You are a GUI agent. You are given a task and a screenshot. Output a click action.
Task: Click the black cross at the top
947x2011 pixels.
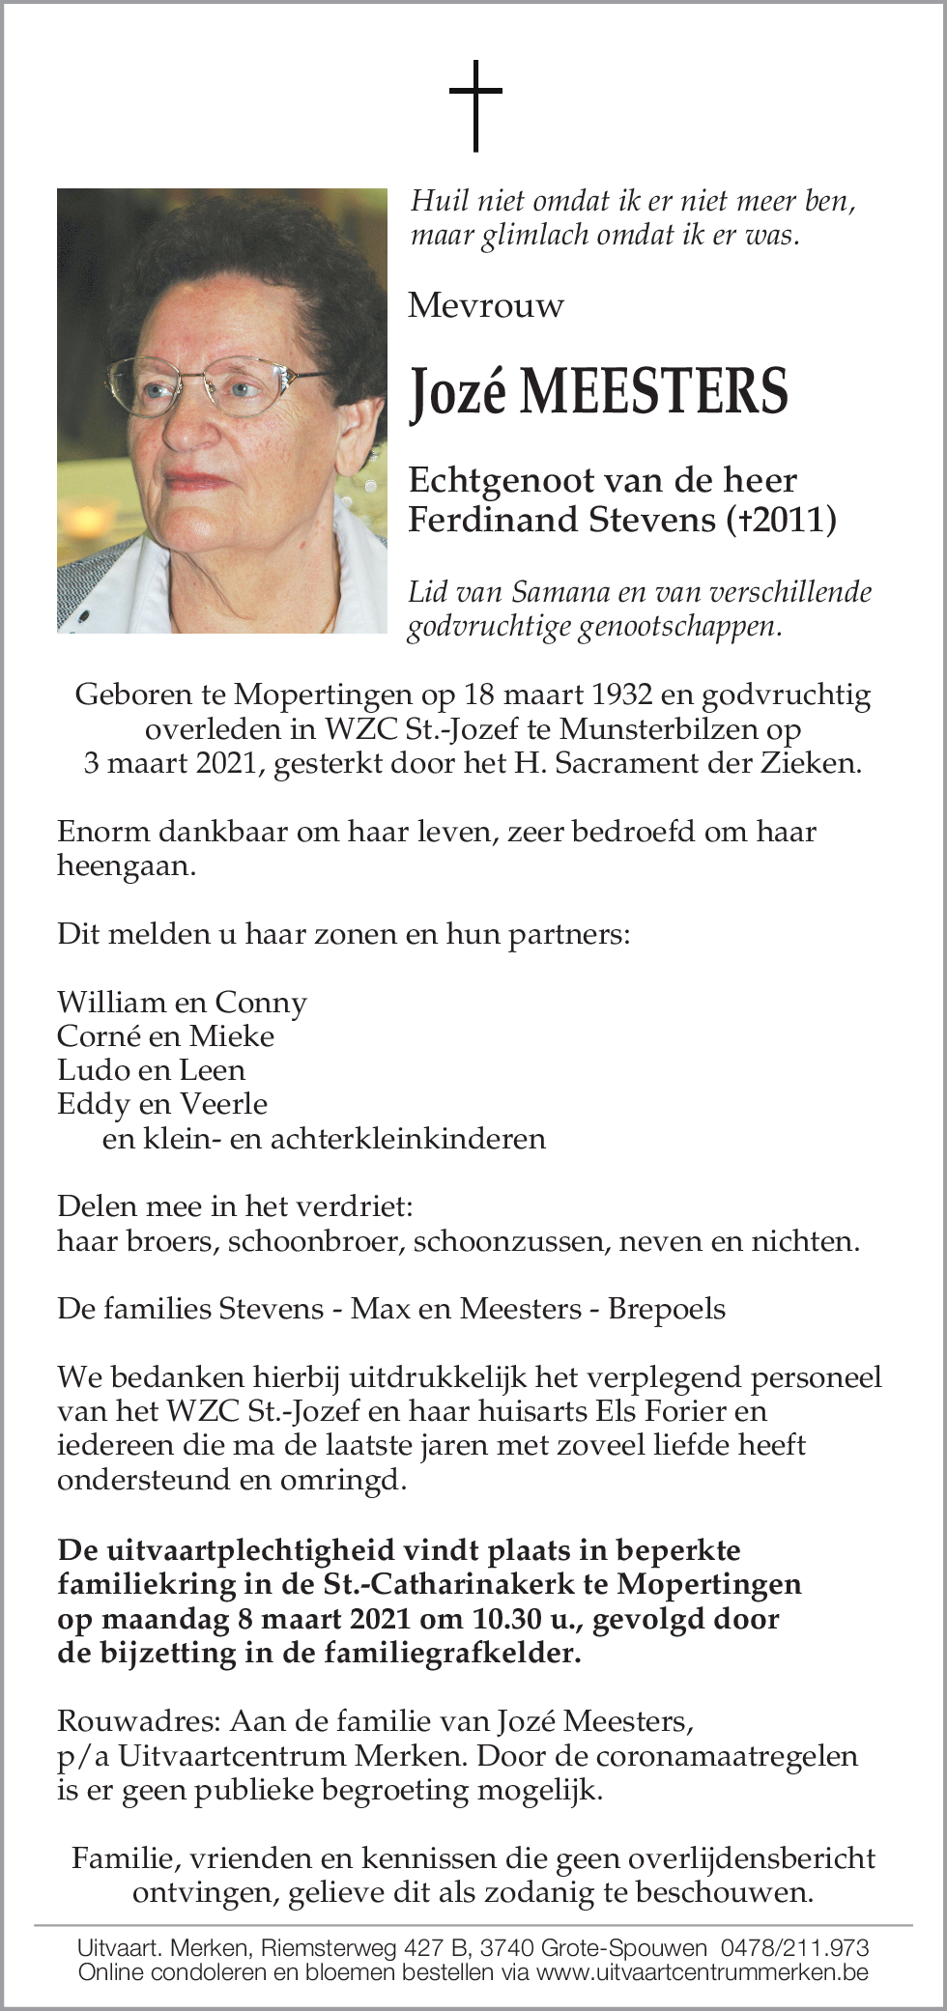pos(475,105)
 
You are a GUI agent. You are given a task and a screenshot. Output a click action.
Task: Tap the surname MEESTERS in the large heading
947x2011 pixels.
pos(654,392)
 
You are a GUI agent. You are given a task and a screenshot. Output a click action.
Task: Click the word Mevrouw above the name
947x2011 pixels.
pos(485,306)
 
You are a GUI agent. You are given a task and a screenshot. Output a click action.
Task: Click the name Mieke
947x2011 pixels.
pos(232,1036)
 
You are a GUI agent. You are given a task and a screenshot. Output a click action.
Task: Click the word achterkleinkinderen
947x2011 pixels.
pos(408,1139)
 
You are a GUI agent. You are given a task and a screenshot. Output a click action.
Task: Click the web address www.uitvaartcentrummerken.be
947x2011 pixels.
pos(702,1972)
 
